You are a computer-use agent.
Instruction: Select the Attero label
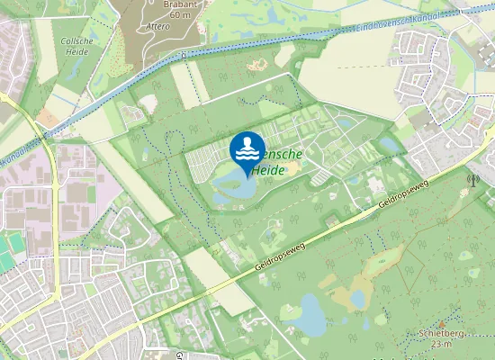(157, 27)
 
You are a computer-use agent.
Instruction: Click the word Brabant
(180, 4)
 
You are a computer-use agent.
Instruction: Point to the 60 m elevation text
(180, 15)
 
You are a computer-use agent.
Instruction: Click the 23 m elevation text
(441, 344)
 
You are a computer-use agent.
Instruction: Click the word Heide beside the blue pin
(269, 169)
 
